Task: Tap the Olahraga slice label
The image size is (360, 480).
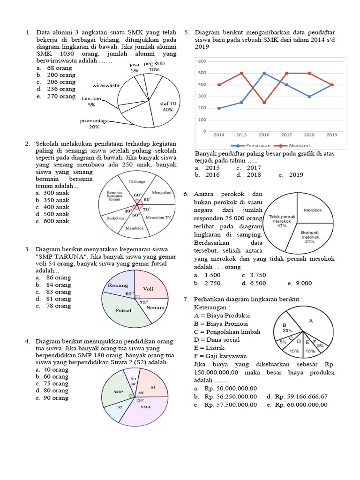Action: (137, 181)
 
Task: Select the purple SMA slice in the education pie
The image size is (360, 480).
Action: (145, 407)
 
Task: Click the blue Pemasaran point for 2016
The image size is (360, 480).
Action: (264, 73)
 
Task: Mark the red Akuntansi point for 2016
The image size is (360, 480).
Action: (264, 102)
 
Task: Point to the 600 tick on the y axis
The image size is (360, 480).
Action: (202, 61)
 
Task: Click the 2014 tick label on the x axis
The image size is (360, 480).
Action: (219, 135)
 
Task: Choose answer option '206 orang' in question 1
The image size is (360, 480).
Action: (61, 82)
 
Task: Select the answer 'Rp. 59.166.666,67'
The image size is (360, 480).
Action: (301, 397)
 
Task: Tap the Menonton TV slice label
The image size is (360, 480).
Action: (159, 218)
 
